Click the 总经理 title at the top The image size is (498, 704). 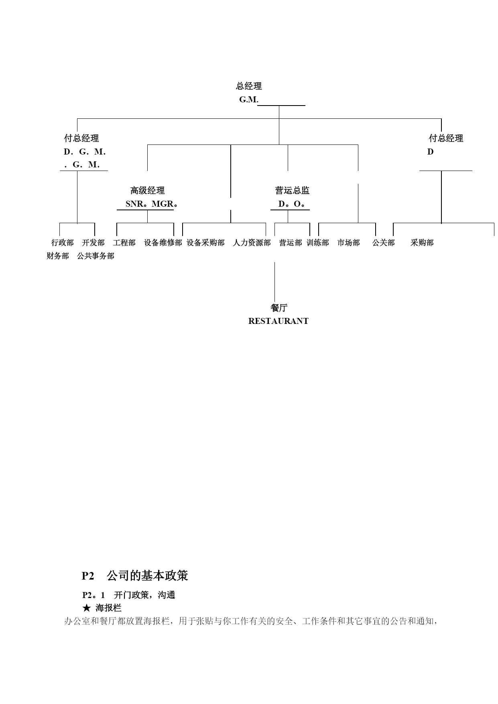tap(249, 86)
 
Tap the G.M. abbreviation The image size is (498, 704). tap(249, 100)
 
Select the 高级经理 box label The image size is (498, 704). tap(147, 190)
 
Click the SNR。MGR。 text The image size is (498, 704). tap(152, 203)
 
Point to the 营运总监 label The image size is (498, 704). tap(292, 190)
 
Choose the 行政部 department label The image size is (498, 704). tap(63, 242)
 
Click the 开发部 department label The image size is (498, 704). tap(93, 242)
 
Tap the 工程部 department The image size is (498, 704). tap(124, 242)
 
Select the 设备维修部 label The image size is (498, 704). tap(163, 242)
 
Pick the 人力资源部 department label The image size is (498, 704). tap(252, 242)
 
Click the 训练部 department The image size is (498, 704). tap(318, 242)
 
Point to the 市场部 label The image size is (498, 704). tap(349, 242)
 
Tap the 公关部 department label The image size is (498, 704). tap(384, 242)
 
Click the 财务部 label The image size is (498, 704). tap(58, 256)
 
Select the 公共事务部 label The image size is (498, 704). tap(96, 256)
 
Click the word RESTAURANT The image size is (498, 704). tap(278, 321)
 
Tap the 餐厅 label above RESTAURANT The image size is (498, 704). tap(279, 308)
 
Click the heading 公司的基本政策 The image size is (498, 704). tap(147, 576)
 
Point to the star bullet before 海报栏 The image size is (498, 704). tap(86, 608)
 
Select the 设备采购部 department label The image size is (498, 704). tap(205, 242)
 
